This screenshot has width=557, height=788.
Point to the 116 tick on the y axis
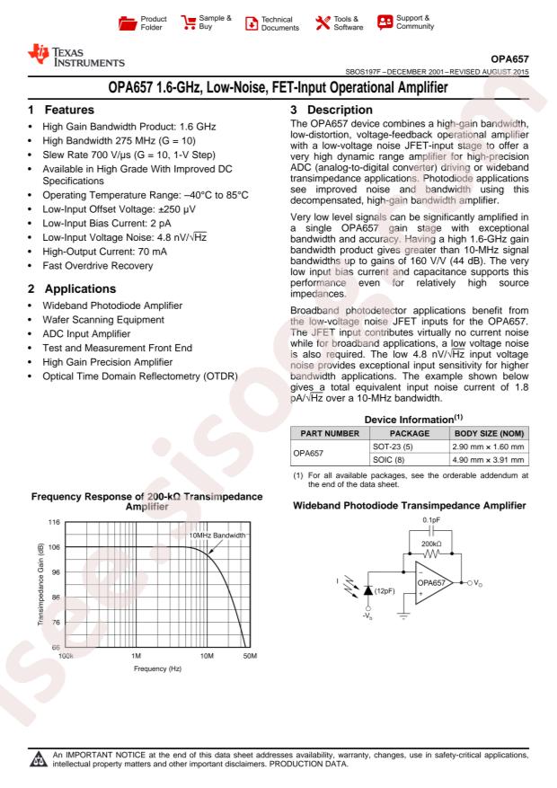coord(52,521)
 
